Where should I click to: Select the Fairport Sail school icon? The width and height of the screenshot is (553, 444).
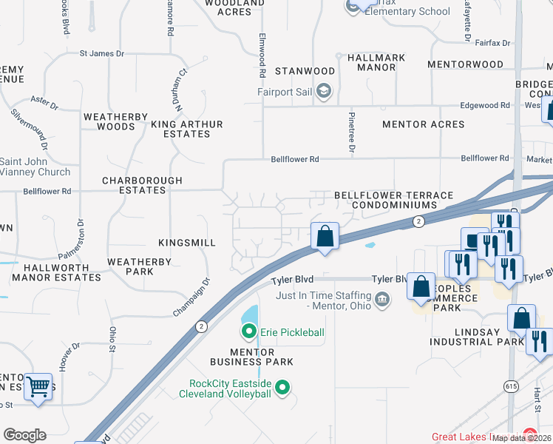coord(323,91)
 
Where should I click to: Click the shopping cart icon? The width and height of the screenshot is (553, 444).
coord(38,386)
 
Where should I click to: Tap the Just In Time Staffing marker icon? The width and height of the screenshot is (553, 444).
coord(382,299)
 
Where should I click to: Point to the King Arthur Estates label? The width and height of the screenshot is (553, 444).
coord(180,129)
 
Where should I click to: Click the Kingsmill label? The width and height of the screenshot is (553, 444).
coord(187,243)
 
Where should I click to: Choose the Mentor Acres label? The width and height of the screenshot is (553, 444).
coord(423,124)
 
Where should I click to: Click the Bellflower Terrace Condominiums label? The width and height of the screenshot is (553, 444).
coord(393,200)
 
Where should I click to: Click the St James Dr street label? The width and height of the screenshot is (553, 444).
coord(102,53)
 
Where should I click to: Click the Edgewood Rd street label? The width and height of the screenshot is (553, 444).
coord(485,106)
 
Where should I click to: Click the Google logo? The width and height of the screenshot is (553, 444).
coord(24,435)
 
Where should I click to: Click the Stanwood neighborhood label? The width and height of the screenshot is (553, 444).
coord(305,71)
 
